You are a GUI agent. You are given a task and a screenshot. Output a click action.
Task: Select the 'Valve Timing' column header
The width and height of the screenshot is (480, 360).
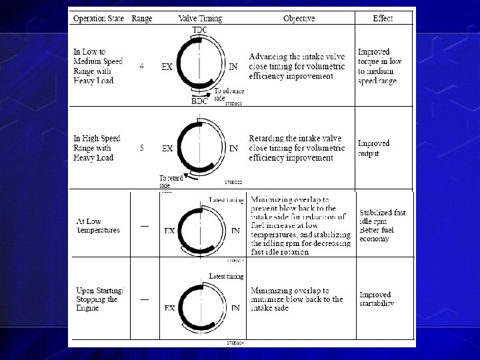coord(199,18)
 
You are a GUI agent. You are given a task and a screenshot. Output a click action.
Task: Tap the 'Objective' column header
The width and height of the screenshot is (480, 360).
coord(298,18)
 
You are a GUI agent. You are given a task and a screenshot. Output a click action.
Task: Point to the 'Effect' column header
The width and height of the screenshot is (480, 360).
coord(383,18)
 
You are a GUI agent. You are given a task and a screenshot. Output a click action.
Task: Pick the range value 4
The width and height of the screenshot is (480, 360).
coord(141,67)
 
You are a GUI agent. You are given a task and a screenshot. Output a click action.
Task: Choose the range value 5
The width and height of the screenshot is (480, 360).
coord(141,148)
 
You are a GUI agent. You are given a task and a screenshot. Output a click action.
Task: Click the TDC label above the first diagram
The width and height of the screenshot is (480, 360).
coord(199,31)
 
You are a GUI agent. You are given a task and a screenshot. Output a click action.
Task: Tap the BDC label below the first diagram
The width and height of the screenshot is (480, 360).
coord(200,102)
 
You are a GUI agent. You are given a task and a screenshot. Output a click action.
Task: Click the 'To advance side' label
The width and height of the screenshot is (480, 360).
coord(229,94)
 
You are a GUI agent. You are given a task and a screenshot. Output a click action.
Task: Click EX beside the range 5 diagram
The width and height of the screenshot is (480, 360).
coord(167,148)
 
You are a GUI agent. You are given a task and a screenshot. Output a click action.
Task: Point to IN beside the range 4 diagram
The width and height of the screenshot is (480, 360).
coord(233,67)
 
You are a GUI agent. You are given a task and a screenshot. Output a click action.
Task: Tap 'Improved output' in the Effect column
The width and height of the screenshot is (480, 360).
coord(373,148)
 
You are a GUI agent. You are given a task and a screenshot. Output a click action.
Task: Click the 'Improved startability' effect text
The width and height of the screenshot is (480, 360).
coord(377,299)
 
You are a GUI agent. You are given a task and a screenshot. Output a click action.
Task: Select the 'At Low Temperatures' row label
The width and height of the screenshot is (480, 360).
coord(97,225)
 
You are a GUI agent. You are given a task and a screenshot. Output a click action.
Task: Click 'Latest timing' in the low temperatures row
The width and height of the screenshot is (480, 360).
coord(226,199)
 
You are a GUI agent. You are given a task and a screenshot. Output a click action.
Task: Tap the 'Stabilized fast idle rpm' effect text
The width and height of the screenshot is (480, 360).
coord(382,217)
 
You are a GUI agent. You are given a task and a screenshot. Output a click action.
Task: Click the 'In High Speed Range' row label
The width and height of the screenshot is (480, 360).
coord(97,148)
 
